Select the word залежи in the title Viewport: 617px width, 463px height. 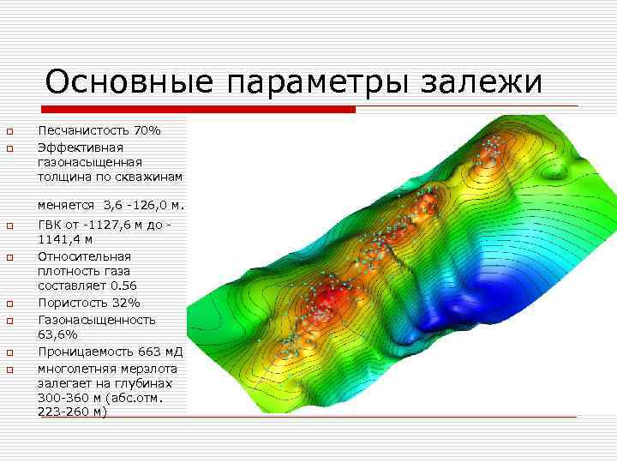point(483,83)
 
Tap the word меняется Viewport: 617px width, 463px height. point(66,206)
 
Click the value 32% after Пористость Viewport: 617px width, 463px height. point(126,303)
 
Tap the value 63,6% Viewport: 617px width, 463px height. point(57,334)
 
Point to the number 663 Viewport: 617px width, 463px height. point(147,352)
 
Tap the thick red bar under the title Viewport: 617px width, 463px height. point(197,110)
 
